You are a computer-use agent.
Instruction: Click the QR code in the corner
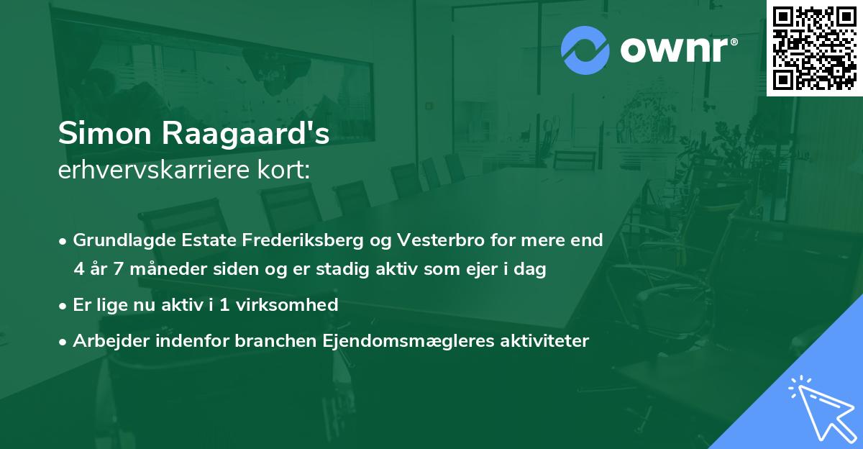(814, 47)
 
